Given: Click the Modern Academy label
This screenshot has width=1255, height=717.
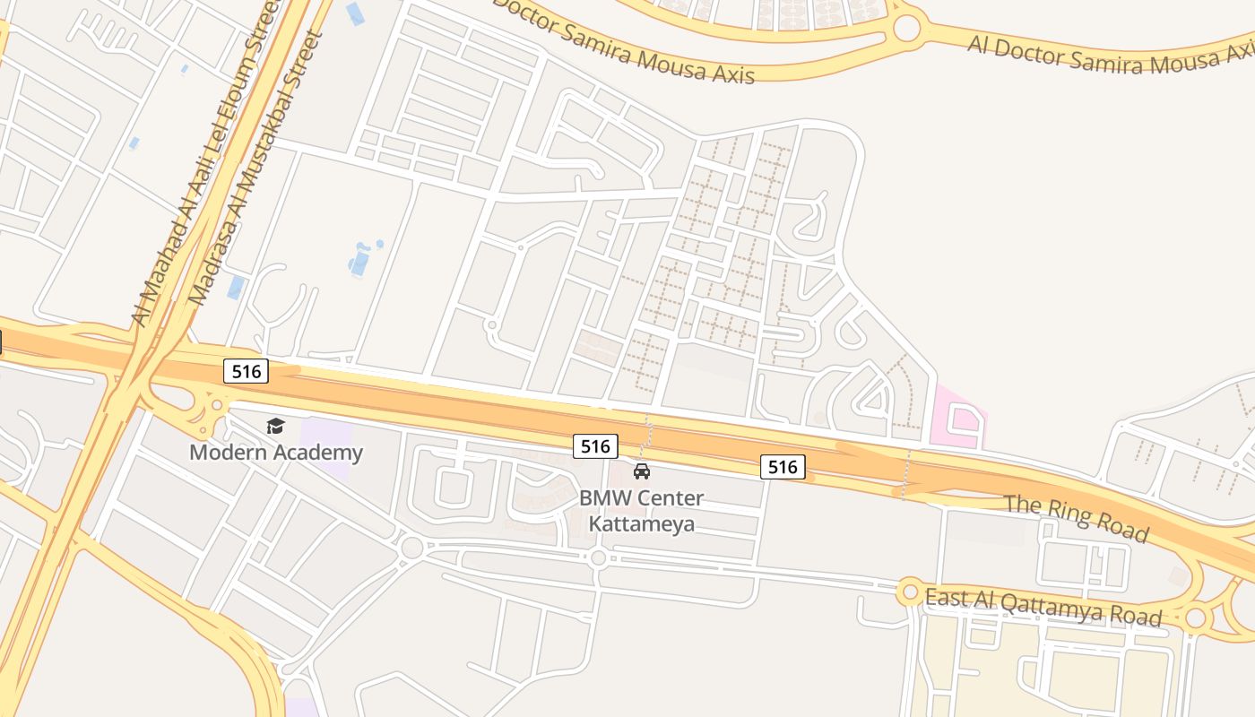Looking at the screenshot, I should pyautogui.click(x=275, y=452).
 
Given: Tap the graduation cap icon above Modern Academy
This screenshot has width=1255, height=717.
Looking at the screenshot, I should pyautogui.click(x=275, y=426).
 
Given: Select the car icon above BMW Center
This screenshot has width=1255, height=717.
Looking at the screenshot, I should pyautogui.click(x=642, y=471).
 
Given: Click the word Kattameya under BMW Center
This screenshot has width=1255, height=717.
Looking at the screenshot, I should pyautogui.click(x=641, y=523).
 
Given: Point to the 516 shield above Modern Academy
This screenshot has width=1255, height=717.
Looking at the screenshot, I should pyautogui.click(x=246, y=371).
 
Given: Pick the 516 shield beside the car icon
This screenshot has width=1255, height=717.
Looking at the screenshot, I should pyautogui.click(x=595, y=445).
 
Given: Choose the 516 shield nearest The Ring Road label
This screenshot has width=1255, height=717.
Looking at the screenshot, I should pyautogui.click(x=783, y=466).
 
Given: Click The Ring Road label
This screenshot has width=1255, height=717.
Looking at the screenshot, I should pyautogui.click(x=1075, y=517).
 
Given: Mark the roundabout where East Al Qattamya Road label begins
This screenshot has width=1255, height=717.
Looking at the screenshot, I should pyautogui.click(x=911, y=592).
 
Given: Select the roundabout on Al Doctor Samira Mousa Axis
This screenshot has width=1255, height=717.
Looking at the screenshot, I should pyautogui.click(x=906, y=28).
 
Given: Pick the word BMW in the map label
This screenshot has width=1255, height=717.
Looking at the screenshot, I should pyautogui.click(x=604, y=498).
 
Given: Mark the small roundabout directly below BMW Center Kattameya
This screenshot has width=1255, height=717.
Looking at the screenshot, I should pyautogui.click(x=598, y=557).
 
